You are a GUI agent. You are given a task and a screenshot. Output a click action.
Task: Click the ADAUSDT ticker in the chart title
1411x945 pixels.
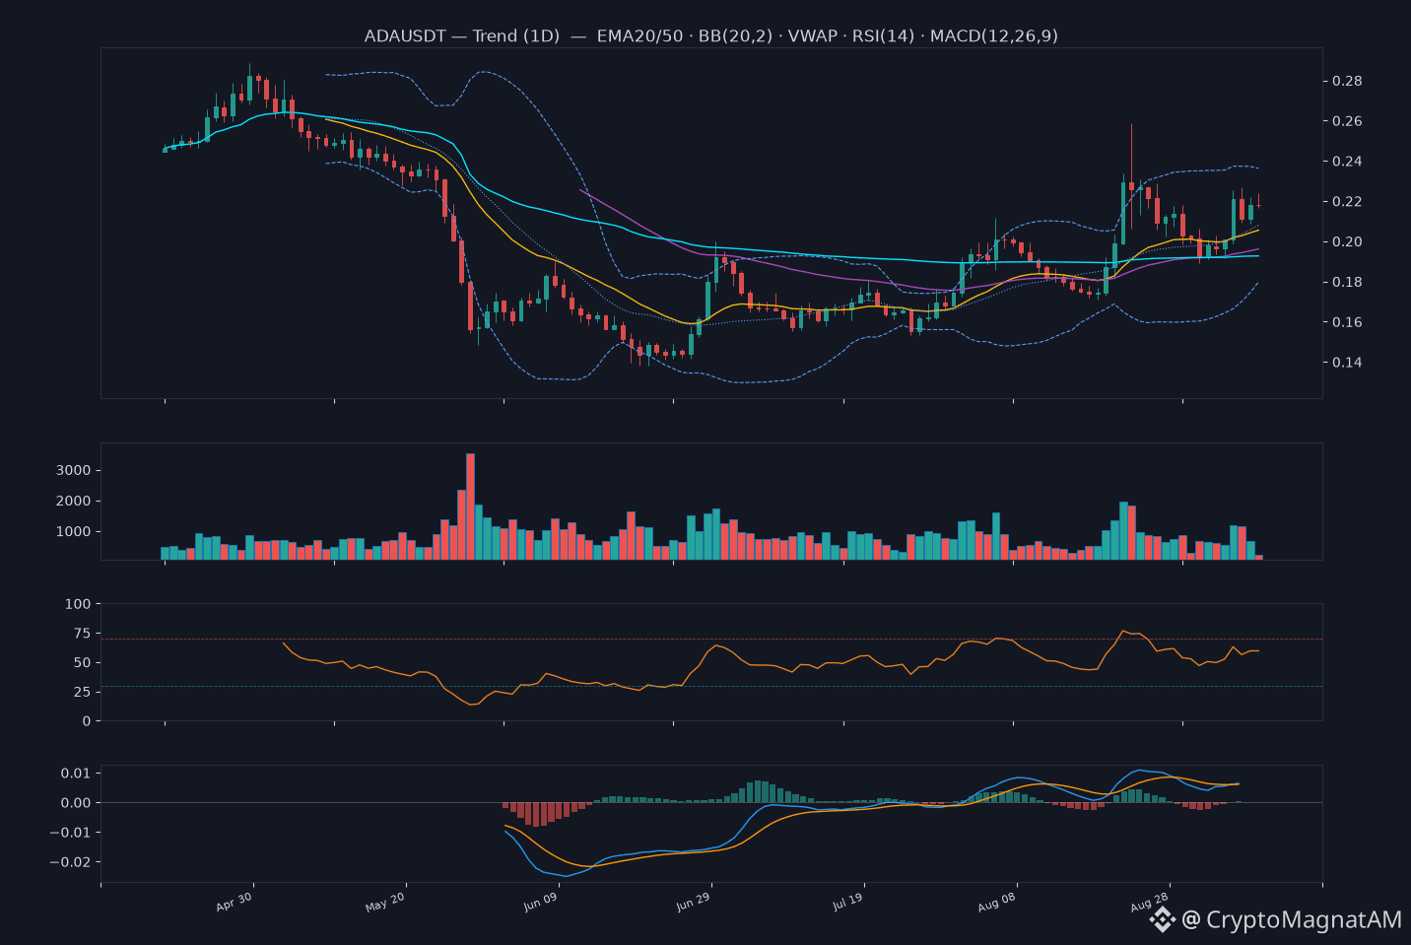405,35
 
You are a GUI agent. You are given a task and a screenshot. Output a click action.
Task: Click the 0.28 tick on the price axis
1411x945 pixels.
1347,81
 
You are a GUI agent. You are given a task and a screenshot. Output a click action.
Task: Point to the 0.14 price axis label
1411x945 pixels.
1347,363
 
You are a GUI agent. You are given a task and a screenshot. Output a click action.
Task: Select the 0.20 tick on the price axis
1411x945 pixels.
1347,242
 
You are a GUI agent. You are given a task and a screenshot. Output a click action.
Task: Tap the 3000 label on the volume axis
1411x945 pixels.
74,471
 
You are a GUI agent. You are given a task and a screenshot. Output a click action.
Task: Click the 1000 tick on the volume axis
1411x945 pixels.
74,532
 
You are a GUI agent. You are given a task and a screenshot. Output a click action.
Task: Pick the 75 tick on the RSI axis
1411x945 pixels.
83,634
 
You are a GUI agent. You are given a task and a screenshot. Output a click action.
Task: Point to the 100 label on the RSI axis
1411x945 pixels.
78,604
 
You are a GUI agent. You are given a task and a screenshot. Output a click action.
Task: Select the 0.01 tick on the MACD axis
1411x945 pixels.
76,773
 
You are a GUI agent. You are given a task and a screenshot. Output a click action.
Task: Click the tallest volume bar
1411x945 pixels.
471,506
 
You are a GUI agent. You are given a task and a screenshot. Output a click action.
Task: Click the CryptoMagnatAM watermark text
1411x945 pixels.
1304,919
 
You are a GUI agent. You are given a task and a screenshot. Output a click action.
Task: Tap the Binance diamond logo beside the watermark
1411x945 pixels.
1162,919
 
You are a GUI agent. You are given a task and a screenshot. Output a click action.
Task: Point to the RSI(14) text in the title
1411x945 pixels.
883,35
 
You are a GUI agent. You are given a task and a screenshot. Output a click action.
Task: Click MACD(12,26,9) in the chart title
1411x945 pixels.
994,35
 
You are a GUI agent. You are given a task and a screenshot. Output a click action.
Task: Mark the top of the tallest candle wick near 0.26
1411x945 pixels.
1131,124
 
